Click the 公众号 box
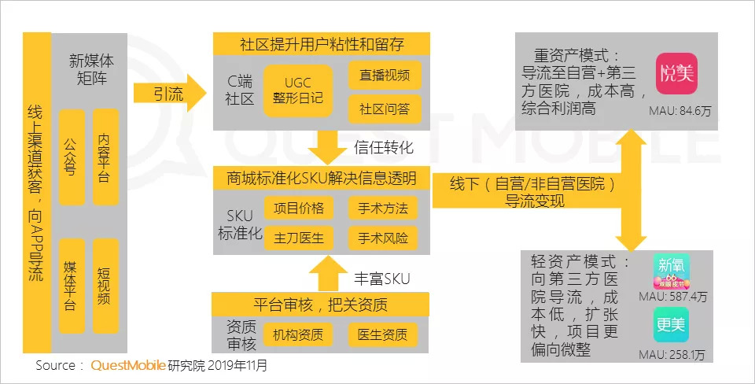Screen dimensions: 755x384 coord(72,157)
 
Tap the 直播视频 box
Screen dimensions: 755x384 coord(385,76)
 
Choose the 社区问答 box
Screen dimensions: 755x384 coord(385,108)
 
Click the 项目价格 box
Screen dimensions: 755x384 coord(298,208)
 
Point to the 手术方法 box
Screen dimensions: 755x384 coord(384,208)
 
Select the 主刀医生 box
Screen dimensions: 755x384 coord(298,237)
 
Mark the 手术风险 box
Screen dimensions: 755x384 coord(384,237)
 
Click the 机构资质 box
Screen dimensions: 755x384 coord(298,334)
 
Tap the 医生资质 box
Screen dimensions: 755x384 coord(383,334)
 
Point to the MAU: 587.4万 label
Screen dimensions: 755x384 coord(673,297)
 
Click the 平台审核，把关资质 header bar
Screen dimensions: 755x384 coord(321,304)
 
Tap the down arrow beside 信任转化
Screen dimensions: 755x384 coord(323,146)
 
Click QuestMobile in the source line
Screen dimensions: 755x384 coord(127,365)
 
